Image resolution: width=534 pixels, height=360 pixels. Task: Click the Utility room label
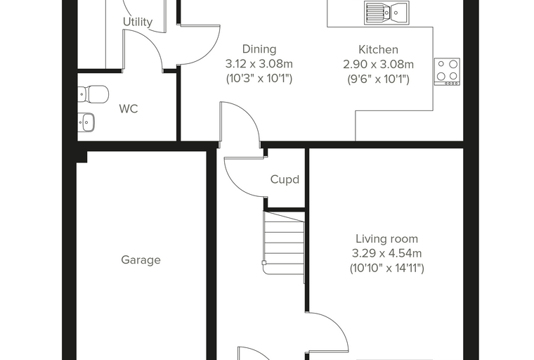[138, 22]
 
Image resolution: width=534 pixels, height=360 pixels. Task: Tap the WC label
[129, 109]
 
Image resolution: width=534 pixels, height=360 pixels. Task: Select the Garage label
[141, 260]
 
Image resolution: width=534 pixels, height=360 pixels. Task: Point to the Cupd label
[285, 179]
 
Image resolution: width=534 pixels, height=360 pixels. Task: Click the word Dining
[259, 49]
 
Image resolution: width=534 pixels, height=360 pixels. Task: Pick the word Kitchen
[378, 50]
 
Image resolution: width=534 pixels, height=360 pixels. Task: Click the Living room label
[387, 238]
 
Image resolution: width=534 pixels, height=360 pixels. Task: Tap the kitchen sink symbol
[386, 13]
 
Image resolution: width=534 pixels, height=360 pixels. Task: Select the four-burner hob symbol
[447, 72]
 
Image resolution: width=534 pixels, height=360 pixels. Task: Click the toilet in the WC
[93, 94]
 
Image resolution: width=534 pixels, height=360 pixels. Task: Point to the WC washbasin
[86, 122]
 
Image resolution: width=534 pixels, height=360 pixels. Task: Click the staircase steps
[284, 243]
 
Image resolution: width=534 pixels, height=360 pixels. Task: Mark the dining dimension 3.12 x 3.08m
[259, 64]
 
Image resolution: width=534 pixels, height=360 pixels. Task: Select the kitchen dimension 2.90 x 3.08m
[378, 65]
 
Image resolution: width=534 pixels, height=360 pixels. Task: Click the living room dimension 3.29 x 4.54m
[387, 254]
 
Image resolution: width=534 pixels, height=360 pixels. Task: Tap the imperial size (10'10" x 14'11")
[387, 269]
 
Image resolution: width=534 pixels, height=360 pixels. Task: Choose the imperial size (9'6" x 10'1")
[378, 79]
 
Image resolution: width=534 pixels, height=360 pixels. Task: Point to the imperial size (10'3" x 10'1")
[259, 79]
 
